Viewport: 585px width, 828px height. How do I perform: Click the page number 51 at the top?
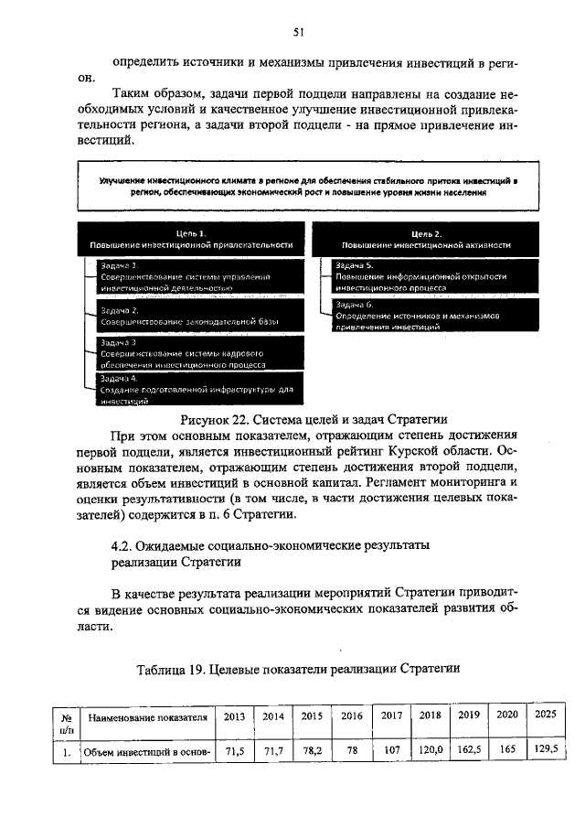[x=298, y=31]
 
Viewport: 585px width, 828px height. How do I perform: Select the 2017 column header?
[x=391, y=715]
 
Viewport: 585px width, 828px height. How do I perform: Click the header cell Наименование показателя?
[x=146, y=717]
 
